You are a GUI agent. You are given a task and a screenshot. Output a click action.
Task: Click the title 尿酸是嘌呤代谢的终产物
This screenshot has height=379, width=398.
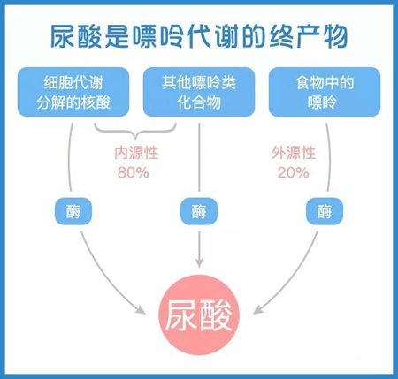pos(199,36)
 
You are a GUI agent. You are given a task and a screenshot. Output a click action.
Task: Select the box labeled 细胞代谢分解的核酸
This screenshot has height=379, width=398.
pos(73,92)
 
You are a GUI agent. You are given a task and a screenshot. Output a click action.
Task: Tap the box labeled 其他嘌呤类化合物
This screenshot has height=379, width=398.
pos(199,92)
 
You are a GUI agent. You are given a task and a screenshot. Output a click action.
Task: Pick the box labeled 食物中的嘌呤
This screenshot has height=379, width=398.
pos(325,92)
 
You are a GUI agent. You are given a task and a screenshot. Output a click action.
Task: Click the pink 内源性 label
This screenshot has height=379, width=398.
pos(136,153)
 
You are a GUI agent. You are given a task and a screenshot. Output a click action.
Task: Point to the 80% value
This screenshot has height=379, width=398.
pos(134,172)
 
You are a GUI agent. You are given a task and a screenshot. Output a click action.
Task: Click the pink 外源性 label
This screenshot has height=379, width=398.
pos(294,153)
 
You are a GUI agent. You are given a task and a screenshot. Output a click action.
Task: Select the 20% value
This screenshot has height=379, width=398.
pos(293,172)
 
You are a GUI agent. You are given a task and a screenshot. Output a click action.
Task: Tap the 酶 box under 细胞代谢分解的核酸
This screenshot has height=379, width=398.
pos(73,211)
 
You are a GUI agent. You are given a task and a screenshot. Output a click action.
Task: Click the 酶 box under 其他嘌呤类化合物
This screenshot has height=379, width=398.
pos(199,211)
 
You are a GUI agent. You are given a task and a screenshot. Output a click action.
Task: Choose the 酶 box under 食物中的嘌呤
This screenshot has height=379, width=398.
pos(325,211)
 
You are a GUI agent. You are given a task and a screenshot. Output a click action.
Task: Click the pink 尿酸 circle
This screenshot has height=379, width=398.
pos(199,315)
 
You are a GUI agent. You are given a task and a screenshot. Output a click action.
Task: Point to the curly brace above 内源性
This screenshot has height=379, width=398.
pos(135,131)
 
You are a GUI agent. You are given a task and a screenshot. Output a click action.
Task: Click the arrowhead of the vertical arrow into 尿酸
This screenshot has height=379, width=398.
pos(199,263)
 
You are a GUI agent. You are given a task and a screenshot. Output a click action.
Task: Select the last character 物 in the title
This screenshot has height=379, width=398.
pos(335,36)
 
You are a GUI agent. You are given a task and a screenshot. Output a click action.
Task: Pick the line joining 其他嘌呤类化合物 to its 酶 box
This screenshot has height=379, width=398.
pos(199,157)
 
